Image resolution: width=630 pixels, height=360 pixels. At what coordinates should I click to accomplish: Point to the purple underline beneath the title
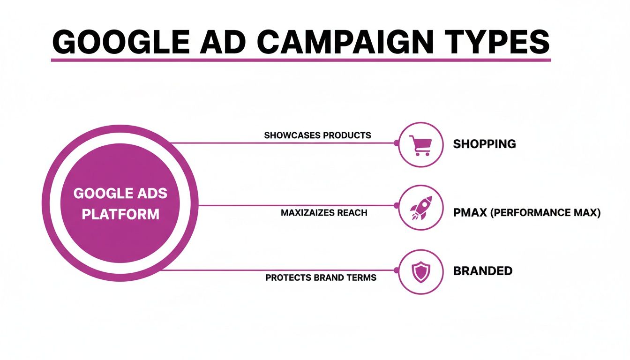[300, 60]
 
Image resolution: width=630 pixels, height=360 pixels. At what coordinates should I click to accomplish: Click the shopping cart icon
[420, 145]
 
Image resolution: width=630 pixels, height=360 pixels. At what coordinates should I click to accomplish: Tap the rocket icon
[420, 208]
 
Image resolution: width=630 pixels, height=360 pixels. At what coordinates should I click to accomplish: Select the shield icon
[420, 272]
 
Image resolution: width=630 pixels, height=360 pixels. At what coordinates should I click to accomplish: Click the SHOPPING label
[484, 144]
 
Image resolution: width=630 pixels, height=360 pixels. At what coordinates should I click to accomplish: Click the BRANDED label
[482, 271]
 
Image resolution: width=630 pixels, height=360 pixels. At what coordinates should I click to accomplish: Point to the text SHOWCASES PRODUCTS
[317, 135]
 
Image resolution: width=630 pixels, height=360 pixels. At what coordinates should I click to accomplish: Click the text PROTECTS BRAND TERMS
[321, 277]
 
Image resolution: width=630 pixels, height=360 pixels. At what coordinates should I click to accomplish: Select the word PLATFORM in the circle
[120, 215]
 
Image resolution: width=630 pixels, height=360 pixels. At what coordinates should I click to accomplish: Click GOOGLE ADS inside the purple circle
[120, 193]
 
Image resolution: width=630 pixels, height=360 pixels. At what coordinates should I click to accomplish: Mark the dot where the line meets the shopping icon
[397, 143]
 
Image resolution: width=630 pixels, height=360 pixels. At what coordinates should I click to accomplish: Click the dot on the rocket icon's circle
[397, 205]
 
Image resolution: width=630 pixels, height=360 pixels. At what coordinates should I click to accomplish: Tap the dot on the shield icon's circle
[397, 270]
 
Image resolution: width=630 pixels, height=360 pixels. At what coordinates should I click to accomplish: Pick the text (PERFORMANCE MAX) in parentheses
[545, 213]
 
